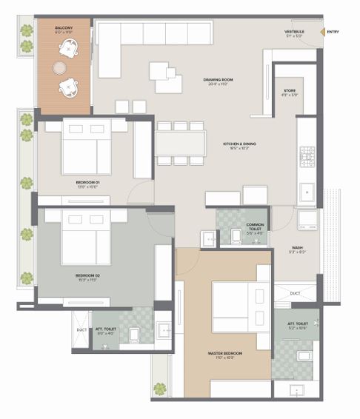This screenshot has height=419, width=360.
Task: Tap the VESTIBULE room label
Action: click(x=295, y=32)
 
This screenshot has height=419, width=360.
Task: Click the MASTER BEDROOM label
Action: click(x=226, y=353)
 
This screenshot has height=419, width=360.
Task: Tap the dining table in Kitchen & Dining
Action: click(x=180, y=142)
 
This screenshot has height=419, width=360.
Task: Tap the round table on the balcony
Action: click(x=59, y=67)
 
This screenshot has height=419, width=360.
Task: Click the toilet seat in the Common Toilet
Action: click(x=236, y=236)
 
